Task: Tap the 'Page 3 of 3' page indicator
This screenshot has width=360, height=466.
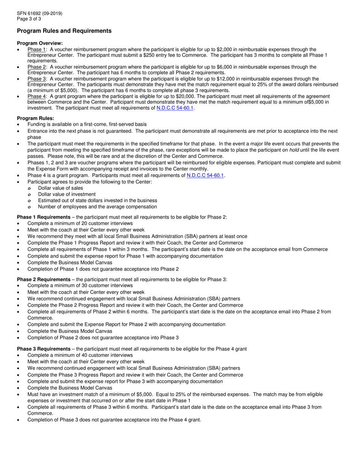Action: (29, 19)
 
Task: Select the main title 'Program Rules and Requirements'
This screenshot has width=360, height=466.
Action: (64, 31)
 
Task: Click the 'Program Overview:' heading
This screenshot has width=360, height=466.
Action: (40, 43)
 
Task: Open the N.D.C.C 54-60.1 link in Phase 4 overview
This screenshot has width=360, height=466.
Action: (175, 108)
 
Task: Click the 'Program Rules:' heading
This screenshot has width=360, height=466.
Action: (36, 118)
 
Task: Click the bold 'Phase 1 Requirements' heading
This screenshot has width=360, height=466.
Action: (44, 217)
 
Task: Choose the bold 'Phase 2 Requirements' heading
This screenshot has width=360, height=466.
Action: (44, 280)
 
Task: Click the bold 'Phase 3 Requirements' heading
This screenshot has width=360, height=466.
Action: (44, 349)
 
